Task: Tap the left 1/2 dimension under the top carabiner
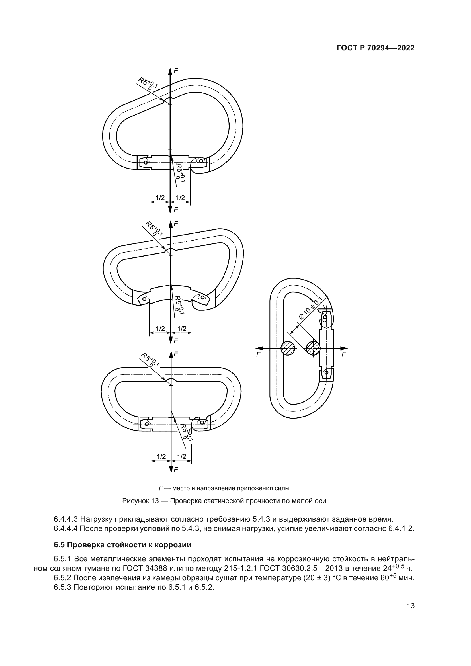pyautogui.click(x=160, y=198)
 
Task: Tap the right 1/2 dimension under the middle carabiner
pyautogui.click(x=182, y=329)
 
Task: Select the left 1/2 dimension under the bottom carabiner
pyautogui.click(x=161, y=456)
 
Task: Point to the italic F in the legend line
pyautogui.click(x=160, y=489)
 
